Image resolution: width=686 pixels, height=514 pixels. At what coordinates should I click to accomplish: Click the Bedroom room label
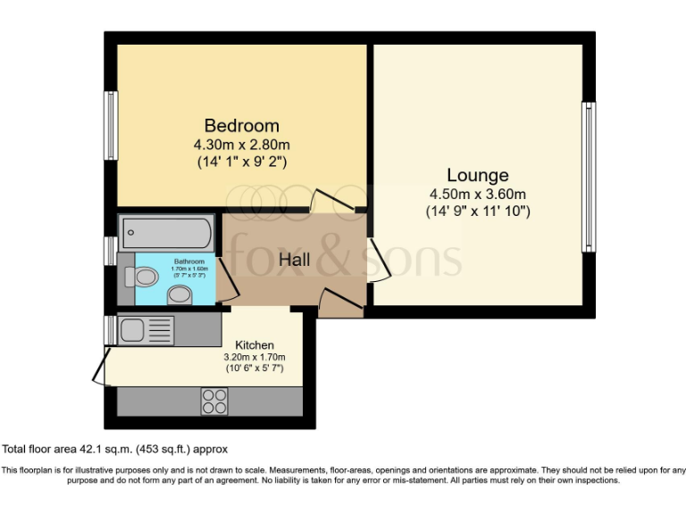click(241, 126)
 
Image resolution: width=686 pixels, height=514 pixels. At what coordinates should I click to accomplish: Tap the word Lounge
click(478, 175)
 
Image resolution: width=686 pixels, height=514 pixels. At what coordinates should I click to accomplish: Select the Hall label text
click(295, 260)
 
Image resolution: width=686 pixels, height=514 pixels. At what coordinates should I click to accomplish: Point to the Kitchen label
click(255, 344)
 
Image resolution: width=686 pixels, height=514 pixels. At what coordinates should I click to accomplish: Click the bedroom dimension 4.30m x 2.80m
click(241, 145)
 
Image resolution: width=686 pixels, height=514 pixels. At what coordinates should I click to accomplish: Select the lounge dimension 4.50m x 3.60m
click(478, 194)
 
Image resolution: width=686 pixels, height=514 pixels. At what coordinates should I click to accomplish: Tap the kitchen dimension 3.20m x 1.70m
click(254, 357)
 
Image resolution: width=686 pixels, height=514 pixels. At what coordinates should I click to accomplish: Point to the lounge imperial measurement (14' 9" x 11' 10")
click(478, 211)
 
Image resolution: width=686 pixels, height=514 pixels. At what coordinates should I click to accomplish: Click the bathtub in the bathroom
click(167, 234)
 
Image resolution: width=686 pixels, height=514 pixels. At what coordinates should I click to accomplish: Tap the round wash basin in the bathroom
click(180, 294)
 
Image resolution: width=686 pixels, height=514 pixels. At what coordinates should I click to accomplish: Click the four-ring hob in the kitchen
click(214, 402)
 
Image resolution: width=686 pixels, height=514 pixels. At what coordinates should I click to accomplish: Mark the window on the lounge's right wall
click(589, 177)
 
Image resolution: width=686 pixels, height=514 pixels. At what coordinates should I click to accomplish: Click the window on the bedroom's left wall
click(112, 126)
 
